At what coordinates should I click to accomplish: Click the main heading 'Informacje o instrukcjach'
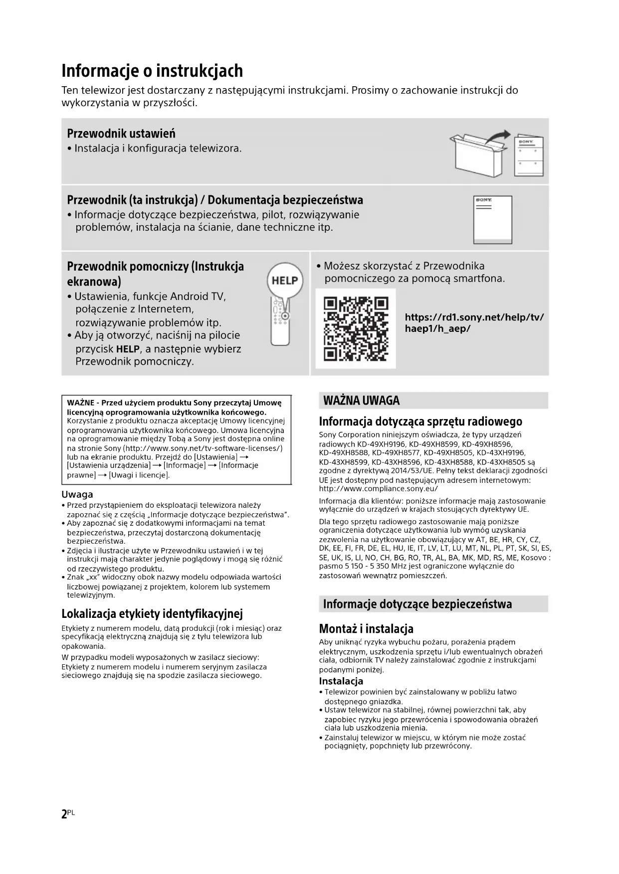152,71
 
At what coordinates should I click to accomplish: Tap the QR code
356,328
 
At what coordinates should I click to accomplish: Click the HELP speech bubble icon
284,280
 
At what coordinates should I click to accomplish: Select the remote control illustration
280,321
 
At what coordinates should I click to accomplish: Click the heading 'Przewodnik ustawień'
121,134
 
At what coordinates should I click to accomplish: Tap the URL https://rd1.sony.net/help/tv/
474,317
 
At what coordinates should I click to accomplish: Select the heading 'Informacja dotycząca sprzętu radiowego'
420,421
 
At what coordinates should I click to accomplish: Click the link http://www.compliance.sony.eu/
378,489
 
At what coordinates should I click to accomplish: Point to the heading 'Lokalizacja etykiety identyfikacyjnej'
152,613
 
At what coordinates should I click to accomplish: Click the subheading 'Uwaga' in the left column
77,494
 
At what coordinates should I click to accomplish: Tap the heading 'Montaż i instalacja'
366,628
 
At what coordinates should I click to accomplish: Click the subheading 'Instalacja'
341,681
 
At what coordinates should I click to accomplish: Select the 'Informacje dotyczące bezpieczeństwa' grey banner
417,604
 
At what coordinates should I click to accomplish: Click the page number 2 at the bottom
64,814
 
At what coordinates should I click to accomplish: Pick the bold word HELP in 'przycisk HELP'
128,349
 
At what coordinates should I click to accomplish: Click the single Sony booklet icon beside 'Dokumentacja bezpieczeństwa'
492,220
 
